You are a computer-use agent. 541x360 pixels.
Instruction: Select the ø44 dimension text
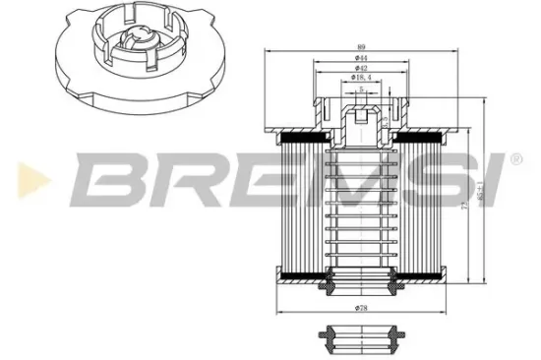coord(362,60)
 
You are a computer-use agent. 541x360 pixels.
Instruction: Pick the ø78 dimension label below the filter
coord(362,308)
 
